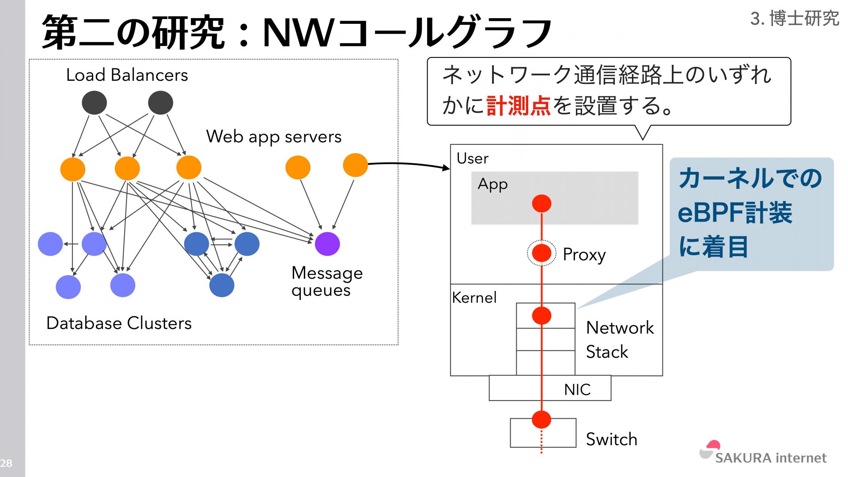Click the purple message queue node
[x=327, y=244]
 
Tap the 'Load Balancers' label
[x=127, y=75]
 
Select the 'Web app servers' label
[x=274, y=137]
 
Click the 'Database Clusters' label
[x=119, y=323]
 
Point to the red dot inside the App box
[x=541, y=204]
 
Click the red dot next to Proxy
[x=541, y=253]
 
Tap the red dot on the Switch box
[x=541, y=420]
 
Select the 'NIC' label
[x=577, y=390]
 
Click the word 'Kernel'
[x=474, y=298]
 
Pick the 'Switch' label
[x=611, y=439]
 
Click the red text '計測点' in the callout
[x=518, y=106]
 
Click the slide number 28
[x=6, y=463]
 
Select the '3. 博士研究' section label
[x=794, y=19]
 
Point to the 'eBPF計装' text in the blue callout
[x=735, y=213]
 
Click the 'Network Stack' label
[x=619, y=340]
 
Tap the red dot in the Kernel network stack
[x=541, y=316]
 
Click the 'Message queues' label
[x=327, y=281]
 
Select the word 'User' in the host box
[x=472, y=159]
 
